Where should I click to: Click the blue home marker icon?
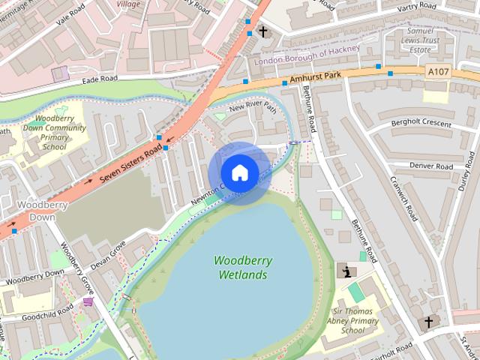(239, 173)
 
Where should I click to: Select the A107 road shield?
(438, 70)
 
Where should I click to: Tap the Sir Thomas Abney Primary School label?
(354, 320)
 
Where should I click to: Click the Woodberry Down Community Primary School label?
(61, 133)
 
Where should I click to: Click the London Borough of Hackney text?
(307, 55)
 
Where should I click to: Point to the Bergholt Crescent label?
(421, 124)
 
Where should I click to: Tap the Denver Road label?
(431, 166)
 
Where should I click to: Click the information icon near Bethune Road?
(346, 271)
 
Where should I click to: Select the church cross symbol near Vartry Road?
(263, 31)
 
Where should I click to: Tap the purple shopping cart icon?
(88, 302)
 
